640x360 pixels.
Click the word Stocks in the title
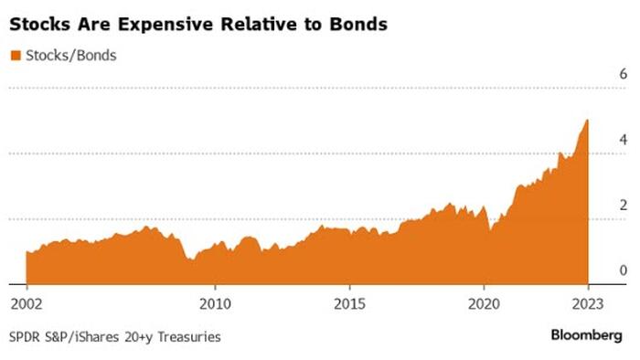tap(40, 24)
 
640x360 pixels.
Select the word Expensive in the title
tap(166, 25)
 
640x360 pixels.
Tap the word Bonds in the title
tap(358, 24)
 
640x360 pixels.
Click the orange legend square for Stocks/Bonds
tap(16, 56)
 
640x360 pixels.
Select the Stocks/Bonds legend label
tap(71, 56)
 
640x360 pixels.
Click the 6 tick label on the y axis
tap(624, 74)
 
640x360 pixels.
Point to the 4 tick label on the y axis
tap(624, 140)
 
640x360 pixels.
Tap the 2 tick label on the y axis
tap(624, 205)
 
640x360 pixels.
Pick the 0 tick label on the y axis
tap(624, 270)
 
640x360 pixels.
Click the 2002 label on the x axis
tap(27, 303)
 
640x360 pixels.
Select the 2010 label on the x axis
tap(215, 303)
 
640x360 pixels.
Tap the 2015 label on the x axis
tap(350, 303)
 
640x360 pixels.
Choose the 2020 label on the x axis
tap(484, 303)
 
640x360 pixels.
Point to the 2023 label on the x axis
tap(588, 303)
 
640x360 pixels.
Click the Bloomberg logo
tap(587, 335)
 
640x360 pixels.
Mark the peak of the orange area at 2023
tap(587, 120)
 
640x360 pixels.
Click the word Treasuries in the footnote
tap(189, 337)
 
